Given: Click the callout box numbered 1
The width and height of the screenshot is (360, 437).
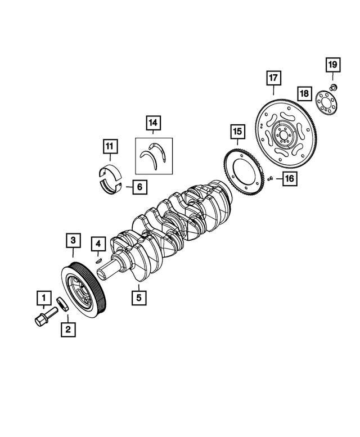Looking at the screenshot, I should (43, 296).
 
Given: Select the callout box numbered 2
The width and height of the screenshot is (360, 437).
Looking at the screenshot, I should (68, 330).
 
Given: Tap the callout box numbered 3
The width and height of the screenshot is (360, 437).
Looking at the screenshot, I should (72, 241).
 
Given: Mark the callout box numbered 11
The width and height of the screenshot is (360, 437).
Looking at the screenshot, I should (110, 147).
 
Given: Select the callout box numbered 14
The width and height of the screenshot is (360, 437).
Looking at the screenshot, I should (153, 122).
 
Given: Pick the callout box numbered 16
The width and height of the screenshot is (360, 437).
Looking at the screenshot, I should (289, 179).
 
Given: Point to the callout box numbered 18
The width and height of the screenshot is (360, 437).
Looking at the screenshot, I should (304, 92).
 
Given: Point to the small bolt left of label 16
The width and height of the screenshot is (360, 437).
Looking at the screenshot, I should (269, 179).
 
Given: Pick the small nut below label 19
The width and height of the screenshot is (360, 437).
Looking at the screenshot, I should (333, 87).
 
